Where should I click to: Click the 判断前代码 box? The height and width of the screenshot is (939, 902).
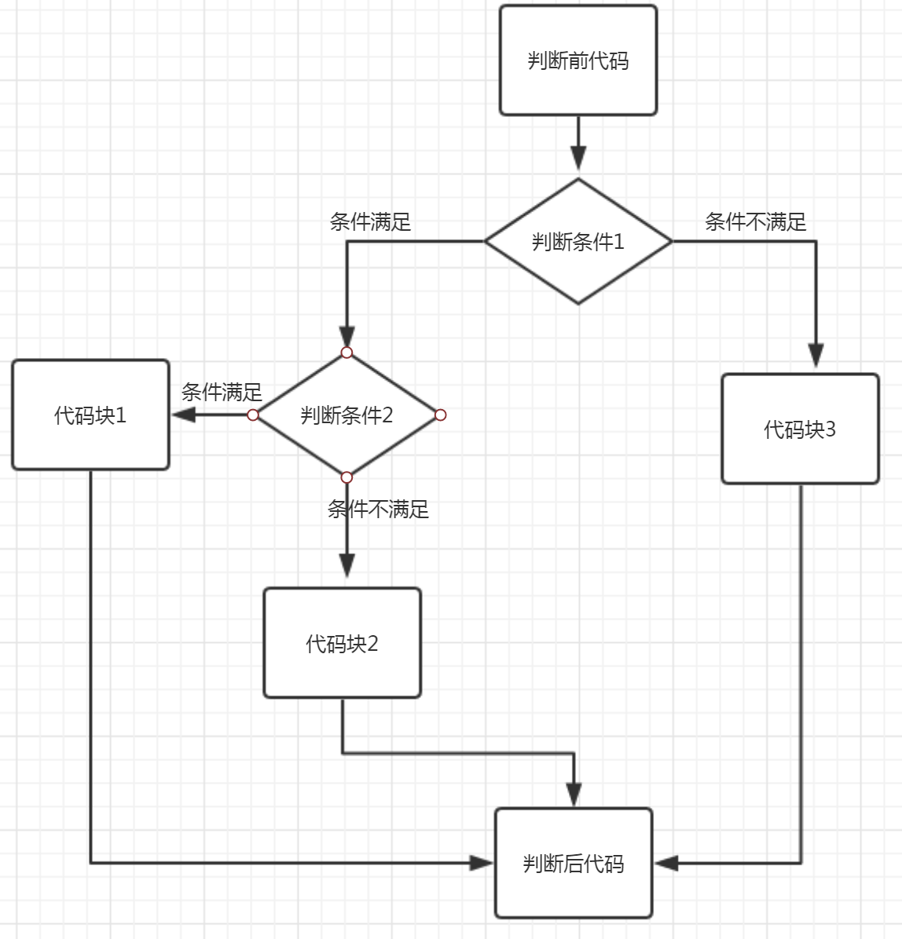click(578, 60)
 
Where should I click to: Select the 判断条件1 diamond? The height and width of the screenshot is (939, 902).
click(578, 241)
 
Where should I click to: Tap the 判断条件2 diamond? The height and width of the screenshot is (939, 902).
click(346, 415)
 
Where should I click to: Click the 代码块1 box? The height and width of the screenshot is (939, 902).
click(90, 415)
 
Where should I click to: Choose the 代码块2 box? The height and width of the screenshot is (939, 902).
click(342, 643)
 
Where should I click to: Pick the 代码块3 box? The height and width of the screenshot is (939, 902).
click(800, 429)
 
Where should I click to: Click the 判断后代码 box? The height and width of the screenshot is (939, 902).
click(574, 863)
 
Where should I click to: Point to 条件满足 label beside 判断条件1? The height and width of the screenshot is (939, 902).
click(370, 222)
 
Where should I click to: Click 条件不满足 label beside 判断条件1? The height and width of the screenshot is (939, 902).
click(755, 222)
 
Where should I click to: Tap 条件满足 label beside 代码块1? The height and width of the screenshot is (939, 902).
click(222, 392)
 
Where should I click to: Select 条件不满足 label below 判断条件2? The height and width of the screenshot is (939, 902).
click(378, 510)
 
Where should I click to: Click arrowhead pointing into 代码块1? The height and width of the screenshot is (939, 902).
click(184, 415)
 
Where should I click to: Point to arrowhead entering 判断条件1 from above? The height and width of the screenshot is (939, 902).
click(578, 158)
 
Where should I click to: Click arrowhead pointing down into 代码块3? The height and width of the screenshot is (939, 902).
click(816, 356)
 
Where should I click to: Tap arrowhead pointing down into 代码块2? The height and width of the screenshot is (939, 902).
click(346, 565)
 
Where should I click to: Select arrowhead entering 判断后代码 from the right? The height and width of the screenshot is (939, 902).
click(666, 863)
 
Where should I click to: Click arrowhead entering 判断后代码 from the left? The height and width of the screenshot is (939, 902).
click(481, 863)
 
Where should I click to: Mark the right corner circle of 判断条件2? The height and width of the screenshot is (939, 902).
click(440, 415)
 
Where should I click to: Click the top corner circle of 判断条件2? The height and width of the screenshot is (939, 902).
click(346, 352)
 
